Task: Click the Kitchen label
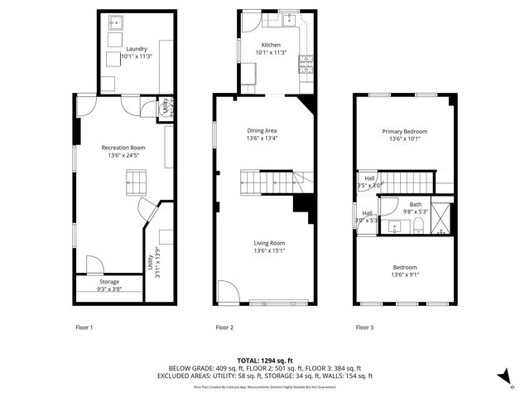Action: pyautogui.click(x=271, y=45)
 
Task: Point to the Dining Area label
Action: pyautogui.click(x=262, y=130)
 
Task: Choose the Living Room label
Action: pyautogui.click(x=270, y=242)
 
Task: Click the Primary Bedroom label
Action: pyautogui.click(x=404, y=131)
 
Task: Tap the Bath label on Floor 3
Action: pyautogui.click(x=415, y=204)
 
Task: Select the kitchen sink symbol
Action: pyautogui.click(x=291, y=18)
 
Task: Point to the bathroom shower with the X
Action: pyautogui.click(x=444, y=216)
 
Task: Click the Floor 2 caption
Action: pyautogui.click(x=224, y=328)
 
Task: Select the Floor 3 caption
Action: pyautogui.click(x=364, y=328)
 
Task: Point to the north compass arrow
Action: pyautogui.click(x=503, y=376)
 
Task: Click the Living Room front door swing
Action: pyautogui.click(x=228, y=291)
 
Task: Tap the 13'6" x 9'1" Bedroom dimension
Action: pyautogui.click(x=404, y=274)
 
